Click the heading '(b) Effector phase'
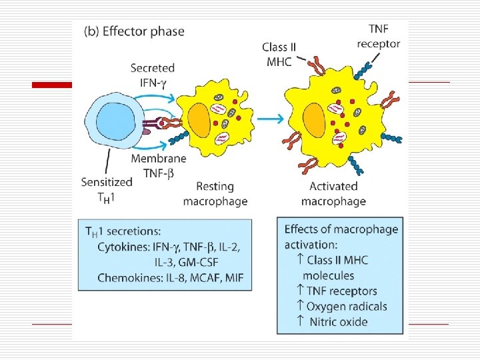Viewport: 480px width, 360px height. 134,31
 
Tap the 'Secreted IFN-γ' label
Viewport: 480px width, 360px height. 153,74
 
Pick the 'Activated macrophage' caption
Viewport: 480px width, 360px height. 333,193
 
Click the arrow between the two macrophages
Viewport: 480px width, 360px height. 269,119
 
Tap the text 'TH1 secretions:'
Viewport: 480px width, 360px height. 122,231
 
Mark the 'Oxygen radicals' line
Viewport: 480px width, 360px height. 342,307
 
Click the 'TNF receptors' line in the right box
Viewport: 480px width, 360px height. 337,291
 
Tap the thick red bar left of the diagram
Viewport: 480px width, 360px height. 54,85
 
